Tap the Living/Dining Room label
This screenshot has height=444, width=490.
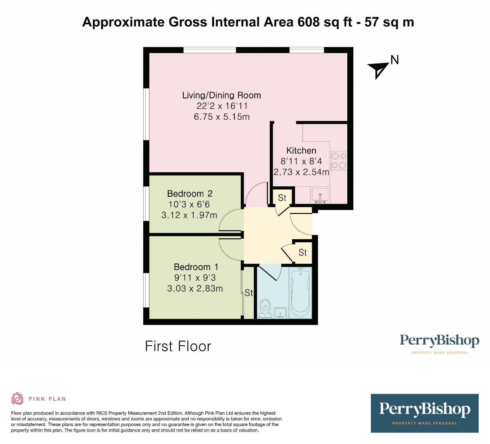221,95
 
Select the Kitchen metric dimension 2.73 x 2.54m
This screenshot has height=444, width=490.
301,172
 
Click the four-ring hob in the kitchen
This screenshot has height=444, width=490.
338,161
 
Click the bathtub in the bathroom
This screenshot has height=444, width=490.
300,293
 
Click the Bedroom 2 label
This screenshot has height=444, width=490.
190,194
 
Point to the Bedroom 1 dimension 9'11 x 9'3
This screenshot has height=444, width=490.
195,278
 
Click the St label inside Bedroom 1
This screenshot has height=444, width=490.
249,293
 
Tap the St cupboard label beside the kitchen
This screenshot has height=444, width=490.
282,198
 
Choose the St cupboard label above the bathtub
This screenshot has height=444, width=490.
303,252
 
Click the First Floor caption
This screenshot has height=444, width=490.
178,346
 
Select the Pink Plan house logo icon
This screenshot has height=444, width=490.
17,398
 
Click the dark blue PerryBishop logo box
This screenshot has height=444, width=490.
424,413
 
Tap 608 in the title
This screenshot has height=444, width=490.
308,22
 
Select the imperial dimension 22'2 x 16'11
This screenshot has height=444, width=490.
222,106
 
